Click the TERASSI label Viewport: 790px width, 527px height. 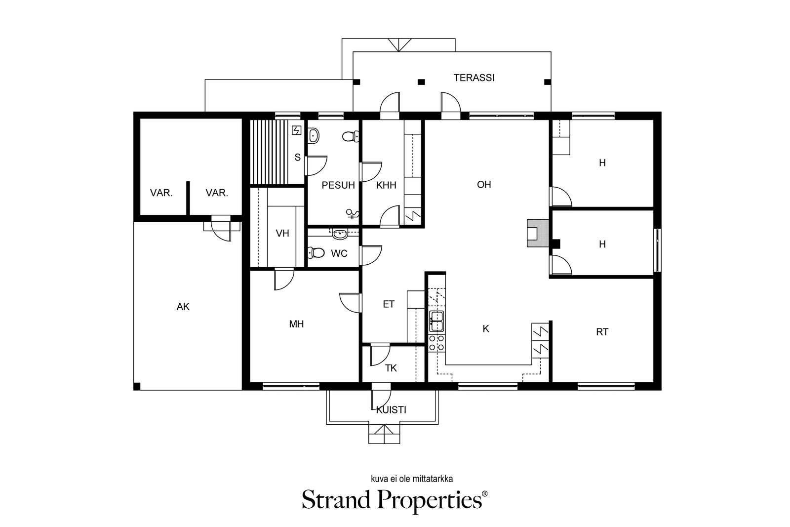(x=474, y=78)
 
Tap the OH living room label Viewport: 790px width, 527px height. (x=484, y=185)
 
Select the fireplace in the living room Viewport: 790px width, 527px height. (x=538, y=233)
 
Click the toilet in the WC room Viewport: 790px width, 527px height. (x=316, y=252)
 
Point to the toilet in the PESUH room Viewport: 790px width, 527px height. (x=351, y=136)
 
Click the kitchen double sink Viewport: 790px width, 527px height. (x=436, y=322)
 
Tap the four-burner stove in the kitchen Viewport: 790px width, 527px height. (x=436, y=343)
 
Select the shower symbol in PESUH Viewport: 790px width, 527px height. (x=353, y=214)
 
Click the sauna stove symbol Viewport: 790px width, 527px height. (x=297, y=131)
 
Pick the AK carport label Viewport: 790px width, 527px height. (x=183, y=307)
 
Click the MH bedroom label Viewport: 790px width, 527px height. (x=296, y=324)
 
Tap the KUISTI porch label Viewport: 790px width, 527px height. (x=391, y=410)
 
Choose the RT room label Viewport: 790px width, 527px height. (x=602, y=332)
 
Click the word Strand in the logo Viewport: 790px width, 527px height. (x=336, y=499)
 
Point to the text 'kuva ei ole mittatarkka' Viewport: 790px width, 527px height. (x=412, y=479)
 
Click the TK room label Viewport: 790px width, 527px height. (x=391, y=368)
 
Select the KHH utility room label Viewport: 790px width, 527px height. (x=386, y=185)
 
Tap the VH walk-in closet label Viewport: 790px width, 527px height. (x=282, y=233)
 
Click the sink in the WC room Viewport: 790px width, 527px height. (x=340, y=234)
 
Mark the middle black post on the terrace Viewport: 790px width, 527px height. (x=421, y=82)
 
